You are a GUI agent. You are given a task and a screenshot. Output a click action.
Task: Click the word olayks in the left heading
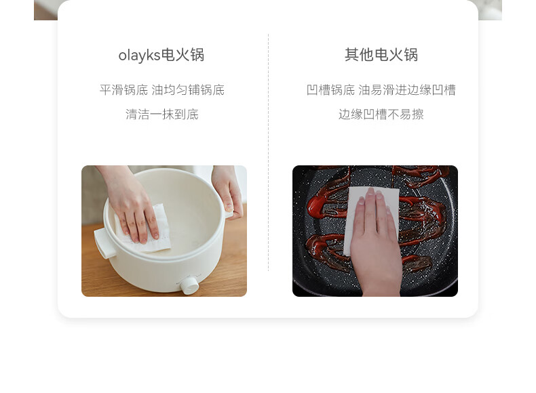(x=139, y=56)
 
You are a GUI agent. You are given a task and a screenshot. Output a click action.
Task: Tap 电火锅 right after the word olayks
(x=183, y=56)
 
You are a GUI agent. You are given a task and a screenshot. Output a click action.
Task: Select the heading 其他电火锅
(x=381, y=55)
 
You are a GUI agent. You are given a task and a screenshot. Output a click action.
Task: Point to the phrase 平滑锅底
(x=123, y=90)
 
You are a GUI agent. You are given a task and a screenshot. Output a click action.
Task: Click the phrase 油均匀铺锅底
(x=188, y=90)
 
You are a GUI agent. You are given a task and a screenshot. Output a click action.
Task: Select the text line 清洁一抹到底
(x=161, y=115)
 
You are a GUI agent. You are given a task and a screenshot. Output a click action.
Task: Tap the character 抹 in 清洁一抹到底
(x=168, y=115)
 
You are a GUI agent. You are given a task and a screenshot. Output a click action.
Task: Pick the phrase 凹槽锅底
(x=330, y=90)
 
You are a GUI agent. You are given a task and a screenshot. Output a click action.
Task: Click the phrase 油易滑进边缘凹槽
(x=407, y=90)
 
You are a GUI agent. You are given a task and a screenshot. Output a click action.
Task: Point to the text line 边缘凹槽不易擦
(x=381, y=115)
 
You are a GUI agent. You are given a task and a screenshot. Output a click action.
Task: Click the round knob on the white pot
(x=189, y=285)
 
